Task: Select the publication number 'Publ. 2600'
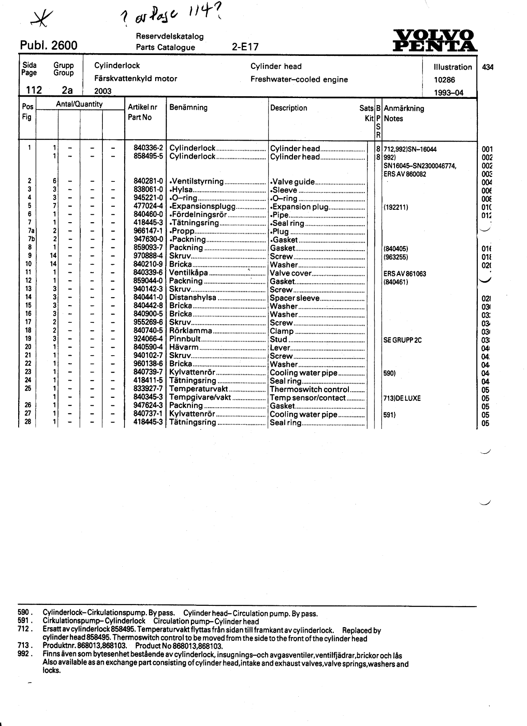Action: click(x=49, y=46)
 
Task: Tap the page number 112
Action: click(x=34, y=90)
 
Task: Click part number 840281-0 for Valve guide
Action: click(x=148, y=181)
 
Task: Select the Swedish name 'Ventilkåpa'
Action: click(x=189, y=273)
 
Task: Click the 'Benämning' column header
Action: click(x=188, y=107)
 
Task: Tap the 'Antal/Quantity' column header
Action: click(x=79, y=104)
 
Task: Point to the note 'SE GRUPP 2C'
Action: click(x=402, y=340)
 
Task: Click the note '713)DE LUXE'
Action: click(x=402, y=398)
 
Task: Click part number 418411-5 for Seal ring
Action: click(x=148, y=381)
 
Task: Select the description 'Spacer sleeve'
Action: click(x=294, y=298)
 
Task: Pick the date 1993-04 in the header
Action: click(x=449, y=93)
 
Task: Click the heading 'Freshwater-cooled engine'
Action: click(x=299, y=80)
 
